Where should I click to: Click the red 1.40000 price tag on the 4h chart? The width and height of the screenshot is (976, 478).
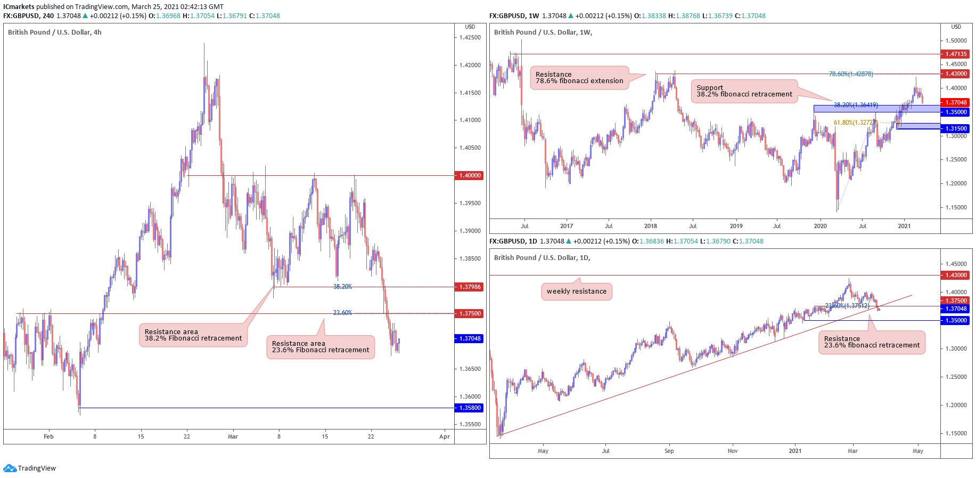point(469,175)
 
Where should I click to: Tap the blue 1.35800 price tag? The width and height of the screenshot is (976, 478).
point(469,408)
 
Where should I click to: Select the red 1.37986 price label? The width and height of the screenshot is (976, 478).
point(469,287)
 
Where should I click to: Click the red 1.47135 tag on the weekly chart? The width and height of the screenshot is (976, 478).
point(956,54)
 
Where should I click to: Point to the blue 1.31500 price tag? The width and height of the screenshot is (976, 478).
point(956,128)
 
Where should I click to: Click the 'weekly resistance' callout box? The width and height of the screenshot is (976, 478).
point(576,291)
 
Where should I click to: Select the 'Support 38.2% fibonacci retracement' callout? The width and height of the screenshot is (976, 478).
point(744,91)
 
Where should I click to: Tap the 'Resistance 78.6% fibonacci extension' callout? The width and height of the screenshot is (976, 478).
point(579,78)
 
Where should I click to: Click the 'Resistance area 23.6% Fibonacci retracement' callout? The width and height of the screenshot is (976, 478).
point(320,347)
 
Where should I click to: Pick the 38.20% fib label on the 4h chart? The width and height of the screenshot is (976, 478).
point(342,287)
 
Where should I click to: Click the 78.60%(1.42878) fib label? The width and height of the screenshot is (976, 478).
point(851,74)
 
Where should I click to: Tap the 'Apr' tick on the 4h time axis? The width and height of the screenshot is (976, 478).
point(445,436)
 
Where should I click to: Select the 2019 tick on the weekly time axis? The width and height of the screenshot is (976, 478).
point(736,226)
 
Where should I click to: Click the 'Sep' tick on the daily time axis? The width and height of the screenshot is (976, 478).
point(669,451)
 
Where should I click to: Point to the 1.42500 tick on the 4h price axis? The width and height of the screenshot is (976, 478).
point(470,37)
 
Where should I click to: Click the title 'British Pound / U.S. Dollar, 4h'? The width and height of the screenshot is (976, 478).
point(54,33)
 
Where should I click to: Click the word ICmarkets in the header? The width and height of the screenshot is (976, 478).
point(19,7)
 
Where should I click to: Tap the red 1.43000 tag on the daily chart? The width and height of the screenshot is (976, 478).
point(956,275)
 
